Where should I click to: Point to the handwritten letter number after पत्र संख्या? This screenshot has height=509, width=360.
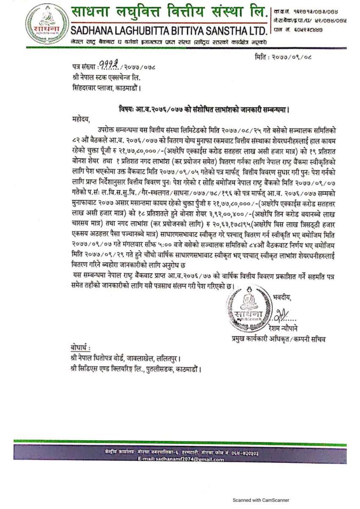coord(109,66)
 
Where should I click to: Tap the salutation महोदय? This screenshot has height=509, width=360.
coord(81,119)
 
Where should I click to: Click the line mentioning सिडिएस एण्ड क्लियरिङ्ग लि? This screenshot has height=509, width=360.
coord(136,369)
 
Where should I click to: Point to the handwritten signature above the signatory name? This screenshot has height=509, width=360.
coord(280,315)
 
